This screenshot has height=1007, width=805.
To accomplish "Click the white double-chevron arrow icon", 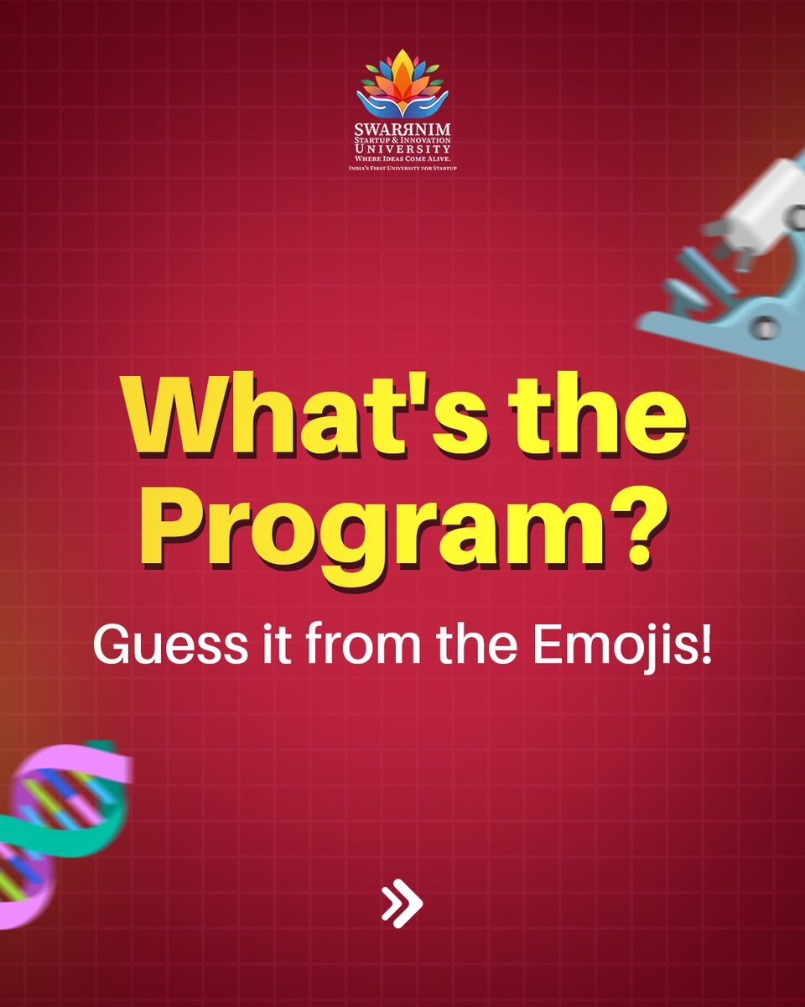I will tap(402, 905).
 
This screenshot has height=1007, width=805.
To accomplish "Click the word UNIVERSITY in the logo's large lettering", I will tap(402, 148).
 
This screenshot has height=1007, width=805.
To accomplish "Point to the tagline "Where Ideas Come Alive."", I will tap(402, 159).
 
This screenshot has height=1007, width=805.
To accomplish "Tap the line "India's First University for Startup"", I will tap(402, 169).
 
